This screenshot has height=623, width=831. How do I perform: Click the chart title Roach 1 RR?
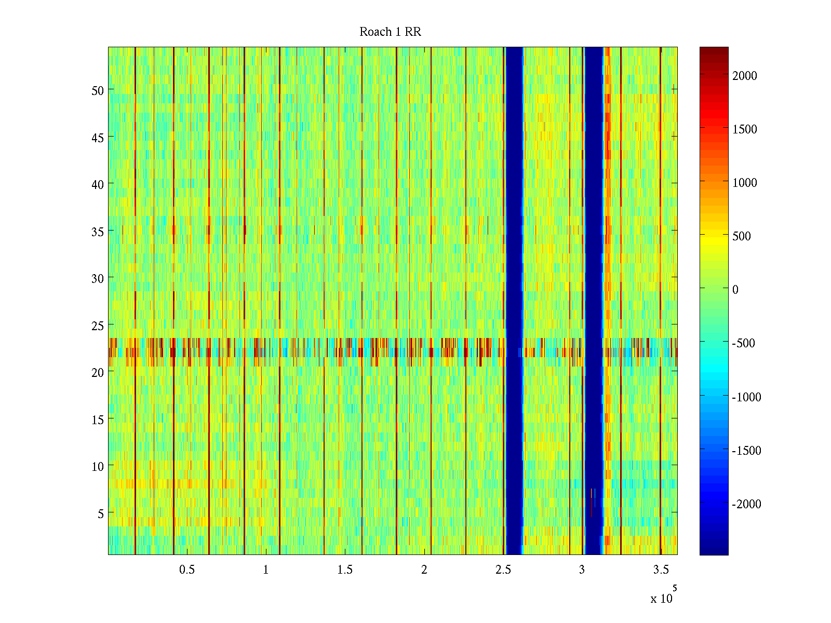(x=390, y=32)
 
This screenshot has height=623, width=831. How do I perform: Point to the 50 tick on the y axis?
(x=98, y=90)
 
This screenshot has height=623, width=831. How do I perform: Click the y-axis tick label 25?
(x=98, y=326)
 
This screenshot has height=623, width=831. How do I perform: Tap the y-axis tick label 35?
(x=98, y=232)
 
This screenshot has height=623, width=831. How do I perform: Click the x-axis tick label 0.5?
(x=187, y=570)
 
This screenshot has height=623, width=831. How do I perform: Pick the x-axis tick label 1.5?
(x=345, y=570)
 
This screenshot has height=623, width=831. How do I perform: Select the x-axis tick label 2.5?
(x=503, y=570)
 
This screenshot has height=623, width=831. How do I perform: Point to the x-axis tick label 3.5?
(x=661, y=570)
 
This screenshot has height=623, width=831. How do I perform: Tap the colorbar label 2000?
(x=745, y=76)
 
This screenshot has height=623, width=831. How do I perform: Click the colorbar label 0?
(x=735, y=290)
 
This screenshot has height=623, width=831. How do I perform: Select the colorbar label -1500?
(x=746, y=451)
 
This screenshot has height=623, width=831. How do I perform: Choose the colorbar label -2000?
(x=746, y=504)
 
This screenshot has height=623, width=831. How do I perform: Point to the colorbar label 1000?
(x=745, y=183)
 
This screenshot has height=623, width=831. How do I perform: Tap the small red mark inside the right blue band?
(x=592, y=502)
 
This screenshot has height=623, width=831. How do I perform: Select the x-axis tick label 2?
(x=424, y=570)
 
